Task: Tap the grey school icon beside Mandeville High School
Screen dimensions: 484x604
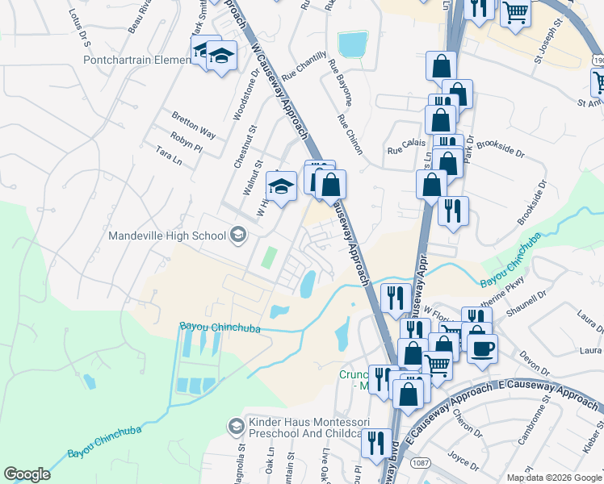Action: (x=238, y=236)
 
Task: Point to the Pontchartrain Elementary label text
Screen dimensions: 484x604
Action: (x=135, y=60)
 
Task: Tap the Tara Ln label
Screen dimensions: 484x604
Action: (x=169, y=155)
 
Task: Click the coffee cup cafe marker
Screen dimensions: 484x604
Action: (x=483, y=348)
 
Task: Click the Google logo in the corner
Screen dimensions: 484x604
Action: (x=27, y=474)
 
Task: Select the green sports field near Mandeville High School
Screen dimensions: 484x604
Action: (x=268, y=259)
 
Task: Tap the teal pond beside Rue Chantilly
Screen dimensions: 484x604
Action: (x=352, y=44)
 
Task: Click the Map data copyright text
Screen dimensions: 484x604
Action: (x=554, y=478)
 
